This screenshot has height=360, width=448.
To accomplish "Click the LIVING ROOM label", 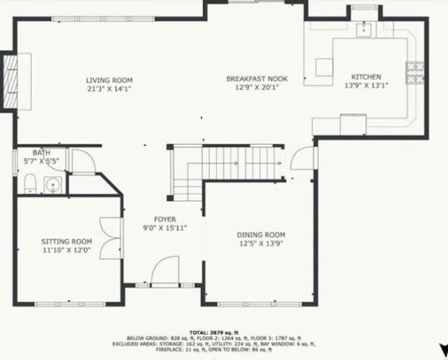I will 109,79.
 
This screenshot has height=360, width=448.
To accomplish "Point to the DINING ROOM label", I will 261,234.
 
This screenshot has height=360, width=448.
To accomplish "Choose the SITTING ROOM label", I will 66,241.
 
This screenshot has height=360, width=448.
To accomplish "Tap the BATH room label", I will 31,152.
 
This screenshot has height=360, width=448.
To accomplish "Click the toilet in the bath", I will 29,184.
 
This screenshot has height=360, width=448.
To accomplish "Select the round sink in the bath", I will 53,184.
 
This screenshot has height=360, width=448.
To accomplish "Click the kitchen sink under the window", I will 364,29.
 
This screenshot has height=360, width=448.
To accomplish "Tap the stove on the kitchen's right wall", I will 414,73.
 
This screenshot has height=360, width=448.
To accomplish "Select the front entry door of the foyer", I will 164,271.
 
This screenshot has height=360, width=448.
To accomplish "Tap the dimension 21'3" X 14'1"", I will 109,88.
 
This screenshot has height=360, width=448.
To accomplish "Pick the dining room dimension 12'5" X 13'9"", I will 261,243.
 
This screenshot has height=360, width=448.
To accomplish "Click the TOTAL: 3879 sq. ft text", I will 214,331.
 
